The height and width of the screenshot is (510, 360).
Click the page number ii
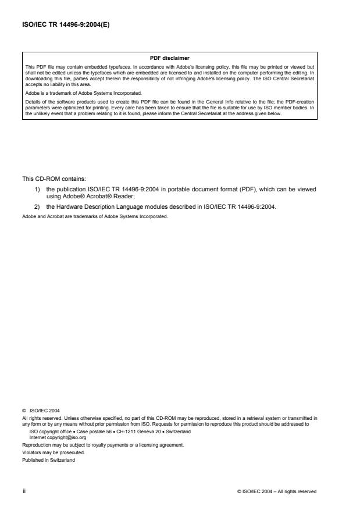click(x=24, y=491)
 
